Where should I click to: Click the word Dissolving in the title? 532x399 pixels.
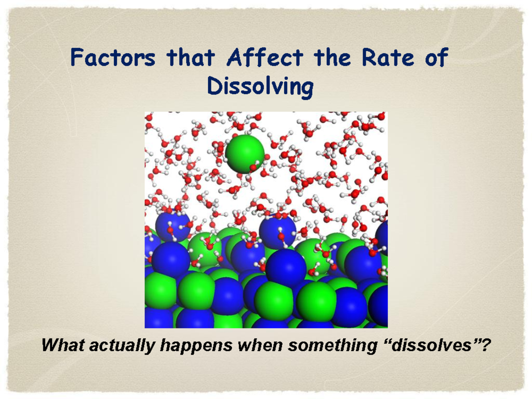(260, 87)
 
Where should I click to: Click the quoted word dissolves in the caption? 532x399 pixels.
(430, 345)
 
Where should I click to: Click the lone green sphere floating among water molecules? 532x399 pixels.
(245, 154)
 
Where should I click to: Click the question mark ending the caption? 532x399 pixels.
(486, 345)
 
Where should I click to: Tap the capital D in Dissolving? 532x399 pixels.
(215, 86)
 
